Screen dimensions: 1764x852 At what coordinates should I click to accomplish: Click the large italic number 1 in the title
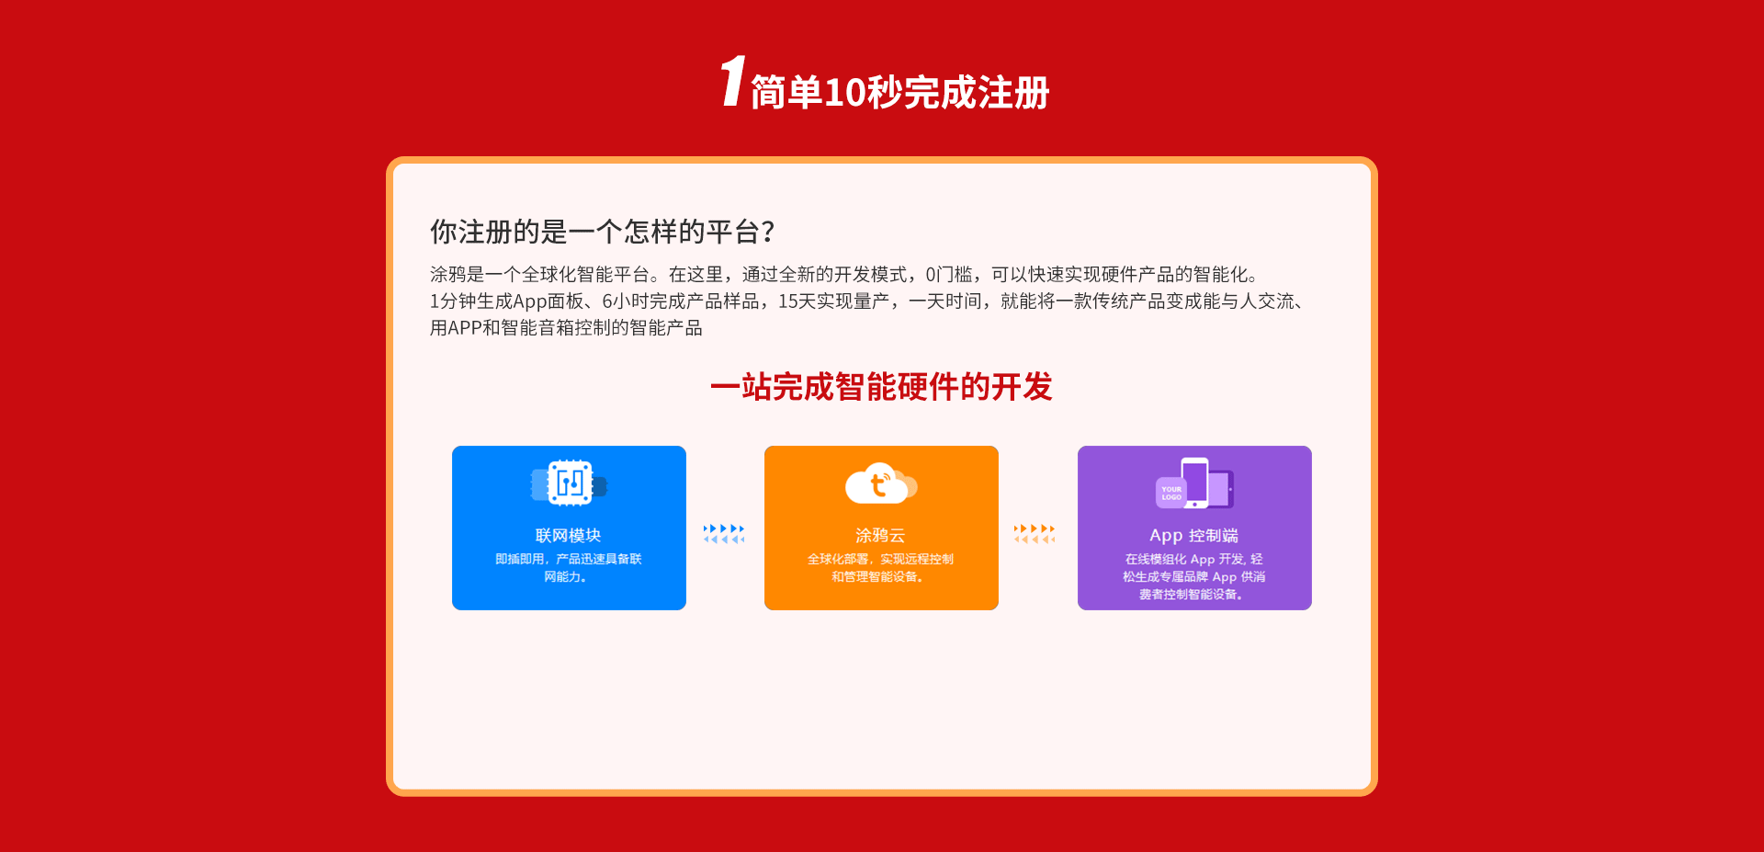[732, 81]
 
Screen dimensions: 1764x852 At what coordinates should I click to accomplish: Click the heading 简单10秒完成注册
[900, 93]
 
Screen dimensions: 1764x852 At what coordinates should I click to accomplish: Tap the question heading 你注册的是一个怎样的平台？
[604, 232]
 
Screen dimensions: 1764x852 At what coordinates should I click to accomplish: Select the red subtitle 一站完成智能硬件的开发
[881, 387]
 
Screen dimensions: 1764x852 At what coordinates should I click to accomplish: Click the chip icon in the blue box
[570, 483]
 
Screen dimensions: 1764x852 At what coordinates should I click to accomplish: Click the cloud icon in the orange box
[881, 483]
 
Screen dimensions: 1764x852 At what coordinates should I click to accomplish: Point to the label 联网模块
[568, 536]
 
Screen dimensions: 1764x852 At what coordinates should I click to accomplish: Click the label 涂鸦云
[880, 536]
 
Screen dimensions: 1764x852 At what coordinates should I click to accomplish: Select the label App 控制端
[1193, 536]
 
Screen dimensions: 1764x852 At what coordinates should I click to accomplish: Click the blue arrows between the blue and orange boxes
[724, 534]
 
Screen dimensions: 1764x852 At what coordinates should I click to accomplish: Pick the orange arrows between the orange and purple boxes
[1035, 534]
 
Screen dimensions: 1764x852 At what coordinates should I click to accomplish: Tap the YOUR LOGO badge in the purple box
[1171, 493]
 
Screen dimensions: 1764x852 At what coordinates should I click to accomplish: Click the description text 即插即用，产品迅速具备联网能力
[568, 568]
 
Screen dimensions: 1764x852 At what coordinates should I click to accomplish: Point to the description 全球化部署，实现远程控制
[880, 559]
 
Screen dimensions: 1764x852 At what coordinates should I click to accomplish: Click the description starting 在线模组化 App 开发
[1193, 576]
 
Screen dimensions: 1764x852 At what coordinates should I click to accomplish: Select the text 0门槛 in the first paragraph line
[948, 275]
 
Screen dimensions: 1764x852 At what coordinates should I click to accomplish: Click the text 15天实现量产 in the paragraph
[833, 301]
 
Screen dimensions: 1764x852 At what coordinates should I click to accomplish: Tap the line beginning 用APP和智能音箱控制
[566, 328]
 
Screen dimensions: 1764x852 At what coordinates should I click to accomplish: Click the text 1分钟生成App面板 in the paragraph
[506, 301]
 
